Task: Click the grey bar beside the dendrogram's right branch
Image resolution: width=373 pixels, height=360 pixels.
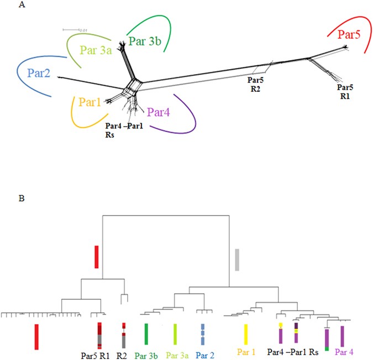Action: tap(237, 259)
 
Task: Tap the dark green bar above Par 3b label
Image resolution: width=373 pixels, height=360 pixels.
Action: tap(146, 334)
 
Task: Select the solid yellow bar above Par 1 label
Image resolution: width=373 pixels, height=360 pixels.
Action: tap(245, 334)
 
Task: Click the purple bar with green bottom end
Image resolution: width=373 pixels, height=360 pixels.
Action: tap(327, 339)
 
